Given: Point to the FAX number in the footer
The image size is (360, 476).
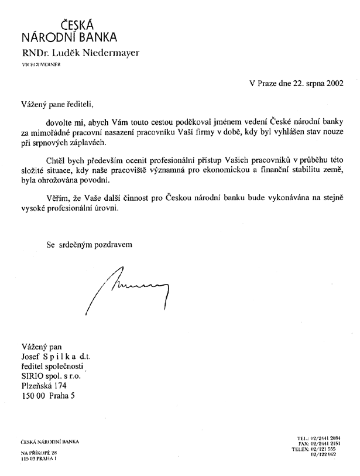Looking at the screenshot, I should [319, 444].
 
